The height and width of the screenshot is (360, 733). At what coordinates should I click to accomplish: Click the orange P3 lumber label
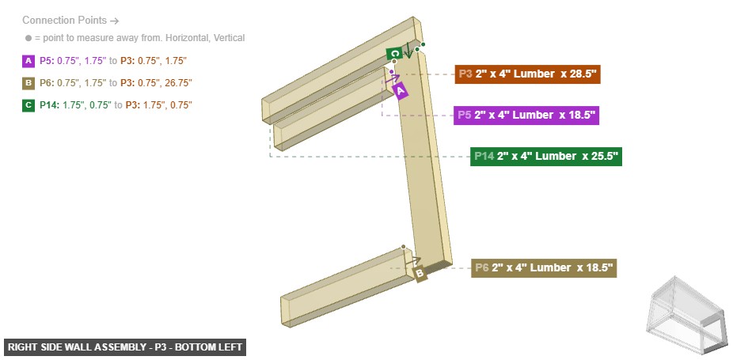pos(527,74)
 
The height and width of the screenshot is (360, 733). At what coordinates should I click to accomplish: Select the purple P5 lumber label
pos(526,116)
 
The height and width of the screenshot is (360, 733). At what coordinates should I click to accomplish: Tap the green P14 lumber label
pos(546,156)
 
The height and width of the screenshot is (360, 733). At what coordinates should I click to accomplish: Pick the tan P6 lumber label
pos(544,268)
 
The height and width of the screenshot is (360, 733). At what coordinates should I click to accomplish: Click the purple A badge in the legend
pos(29,60)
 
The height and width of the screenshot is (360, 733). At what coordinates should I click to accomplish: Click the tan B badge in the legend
pos(29,82)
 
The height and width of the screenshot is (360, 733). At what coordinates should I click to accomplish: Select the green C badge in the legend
pos(29,104)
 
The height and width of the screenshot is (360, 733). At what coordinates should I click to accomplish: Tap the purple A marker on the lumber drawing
pos(401,91)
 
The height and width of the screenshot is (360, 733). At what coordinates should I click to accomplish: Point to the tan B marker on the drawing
pos(420,274)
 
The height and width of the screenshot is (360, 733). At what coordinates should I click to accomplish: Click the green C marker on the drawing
pos(394,54)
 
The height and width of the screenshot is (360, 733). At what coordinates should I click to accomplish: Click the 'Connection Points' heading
pos(70,21)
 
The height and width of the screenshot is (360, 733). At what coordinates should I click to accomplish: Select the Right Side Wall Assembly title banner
pos(125,347)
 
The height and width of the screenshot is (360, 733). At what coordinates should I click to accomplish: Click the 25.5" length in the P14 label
pos(599,156)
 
